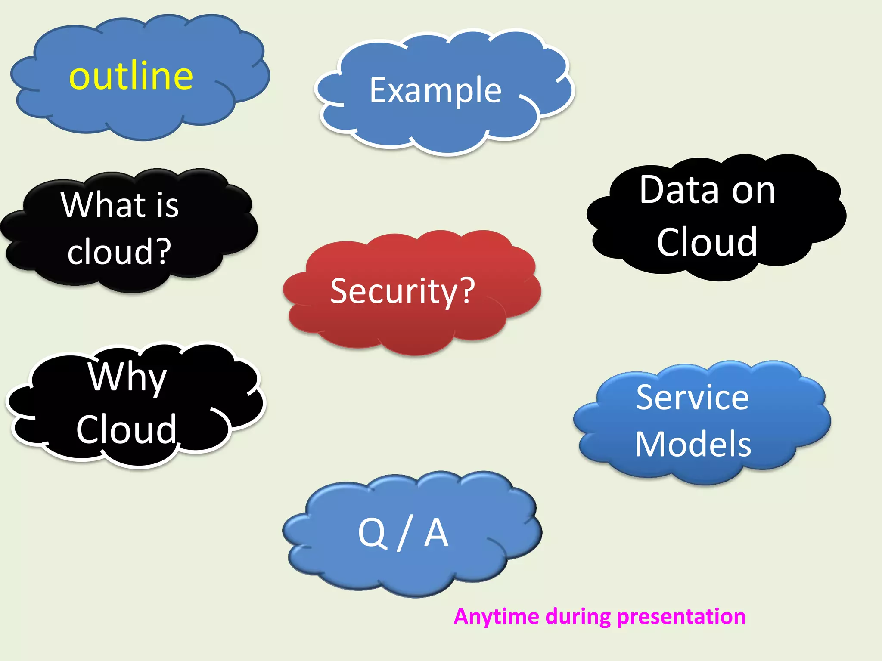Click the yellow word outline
[131, 76]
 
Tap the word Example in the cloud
[435, 91]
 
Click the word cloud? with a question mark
[119, 252]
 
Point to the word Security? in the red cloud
[402, 291]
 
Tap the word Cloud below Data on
[707, 242]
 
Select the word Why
[127, 377]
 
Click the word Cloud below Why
[126, 429]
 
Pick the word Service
[693, 397]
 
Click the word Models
[693, 444]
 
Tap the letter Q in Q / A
[372, 533]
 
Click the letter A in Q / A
[436, 533]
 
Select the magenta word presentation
[681, 617]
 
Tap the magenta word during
[578, 617]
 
